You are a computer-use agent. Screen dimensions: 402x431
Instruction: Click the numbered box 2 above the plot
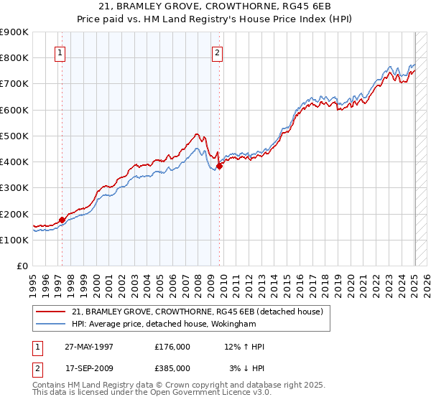(217, 52)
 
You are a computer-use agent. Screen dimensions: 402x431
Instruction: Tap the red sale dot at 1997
(62, 220)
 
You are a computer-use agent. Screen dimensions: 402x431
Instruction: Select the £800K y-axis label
(14, 57)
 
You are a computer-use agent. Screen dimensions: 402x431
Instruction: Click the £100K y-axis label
(14, 240)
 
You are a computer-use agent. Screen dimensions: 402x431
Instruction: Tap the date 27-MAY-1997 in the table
(89, 347)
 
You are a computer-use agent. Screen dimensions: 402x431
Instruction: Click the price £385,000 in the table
(172, 368)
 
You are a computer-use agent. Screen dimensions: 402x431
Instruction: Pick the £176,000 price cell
(172, 347)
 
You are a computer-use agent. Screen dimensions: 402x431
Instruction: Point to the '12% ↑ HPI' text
(244, 347)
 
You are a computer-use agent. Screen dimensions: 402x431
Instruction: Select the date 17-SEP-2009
(89, 368)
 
